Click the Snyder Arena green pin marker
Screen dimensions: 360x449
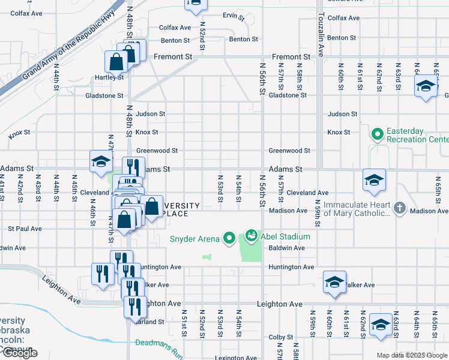pos(229,239)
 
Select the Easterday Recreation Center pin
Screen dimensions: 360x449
pos(378,133)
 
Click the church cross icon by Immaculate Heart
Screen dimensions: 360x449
pos(400,208)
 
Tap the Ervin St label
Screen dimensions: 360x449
pos(234,17)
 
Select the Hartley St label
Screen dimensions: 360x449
pos(109,77)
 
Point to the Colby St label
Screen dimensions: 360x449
pos(280,337)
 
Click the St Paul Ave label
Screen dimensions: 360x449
pos(25,229)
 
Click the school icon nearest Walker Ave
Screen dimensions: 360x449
pos(334,282)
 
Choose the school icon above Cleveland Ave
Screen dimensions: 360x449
pos(373,179)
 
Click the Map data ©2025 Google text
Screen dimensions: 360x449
pos(411,355)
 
